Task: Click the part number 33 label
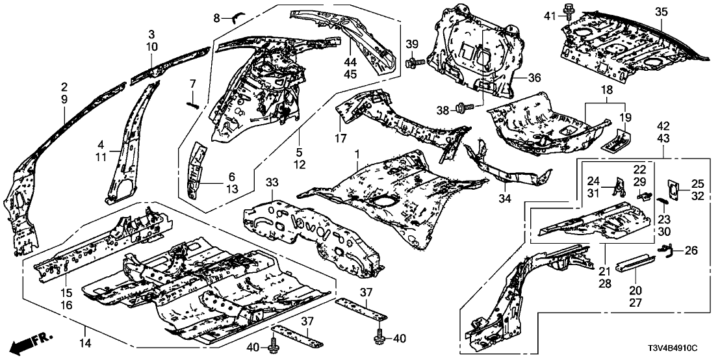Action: tap(272, 183)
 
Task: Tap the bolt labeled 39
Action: tap(415, 62)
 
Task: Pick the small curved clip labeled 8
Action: tap(237, 16)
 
